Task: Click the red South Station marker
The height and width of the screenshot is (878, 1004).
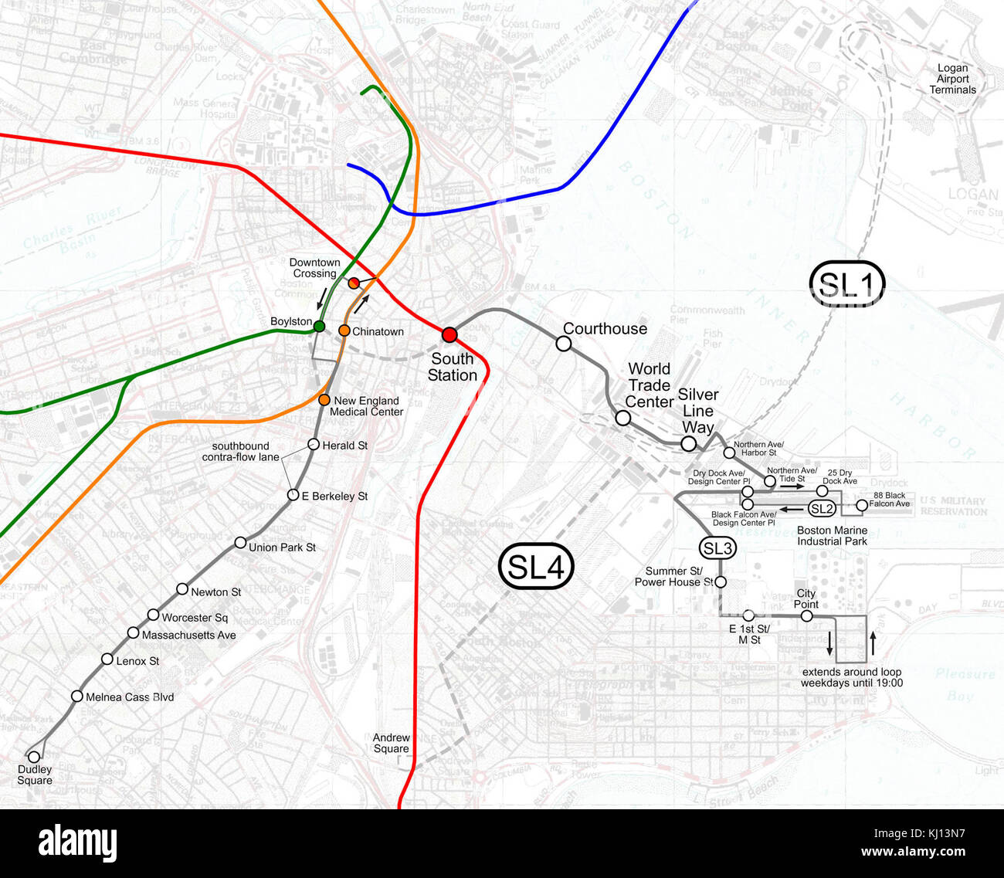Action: coord(449,334)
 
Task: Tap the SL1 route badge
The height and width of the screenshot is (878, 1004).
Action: coord(847,284)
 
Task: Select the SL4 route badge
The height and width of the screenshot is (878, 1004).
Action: coord(537,567)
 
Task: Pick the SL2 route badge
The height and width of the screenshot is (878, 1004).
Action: coord(822,508)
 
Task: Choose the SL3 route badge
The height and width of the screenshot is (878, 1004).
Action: coord(717,548)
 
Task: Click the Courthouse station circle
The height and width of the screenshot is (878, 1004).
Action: coord(564,344)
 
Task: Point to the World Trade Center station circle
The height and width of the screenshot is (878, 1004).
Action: coord(622,418)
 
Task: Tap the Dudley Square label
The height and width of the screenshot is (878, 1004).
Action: coord(35,775)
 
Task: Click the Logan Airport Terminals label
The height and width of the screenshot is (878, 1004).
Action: coord(952,79)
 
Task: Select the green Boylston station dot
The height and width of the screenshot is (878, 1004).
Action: coord(319,326)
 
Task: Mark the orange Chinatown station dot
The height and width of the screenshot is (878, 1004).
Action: coord(344,331)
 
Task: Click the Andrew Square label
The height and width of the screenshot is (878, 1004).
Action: coord(391,743)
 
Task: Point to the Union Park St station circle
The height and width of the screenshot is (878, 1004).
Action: coord(241,543)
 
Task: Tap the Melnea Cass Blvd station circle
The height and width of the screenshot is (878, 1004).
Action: coord(77,696)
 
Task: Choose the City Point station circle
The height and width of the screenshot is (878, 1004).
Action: coord(806,616)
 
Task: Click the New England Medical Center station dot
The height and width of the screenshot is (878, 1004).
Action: coord(324,400)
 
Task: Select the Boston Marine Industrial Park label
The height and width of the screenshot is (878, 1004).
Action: coord(832,536)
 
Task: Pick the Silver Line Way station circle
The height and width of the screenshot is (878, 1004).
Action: coord(688,443)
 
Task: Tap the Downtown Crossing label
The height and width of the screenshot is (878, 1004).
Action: coord(314,268)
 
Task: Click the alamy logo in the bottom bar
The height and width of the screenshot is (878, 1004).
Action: coord(78,842)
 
